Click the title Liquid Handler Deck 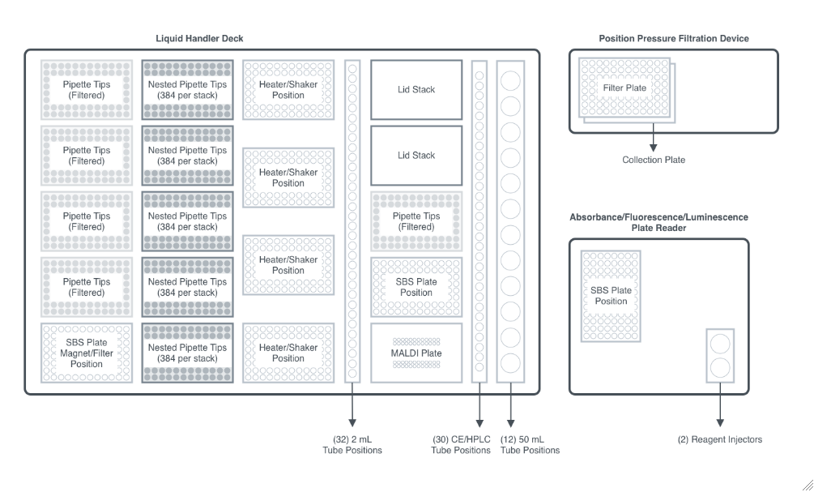coord(199,39)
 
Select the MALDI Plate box coord(416,353)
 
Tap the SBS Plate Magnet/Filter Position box coord(87,353)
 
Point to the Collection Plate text coord(653,160)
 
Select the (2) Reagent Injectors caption coord(719,439)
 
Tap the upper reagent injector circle coord(719,343)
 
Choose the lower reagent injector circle coord(719,369)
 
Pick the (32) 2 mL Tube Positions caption coord(352,444)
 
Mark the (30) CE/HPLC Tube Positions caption coord(461,444)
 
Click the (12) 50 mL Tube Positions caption coord(530,444)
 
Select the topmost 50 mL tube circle coord(511,80)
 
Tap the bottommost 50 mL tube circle coord(511,362)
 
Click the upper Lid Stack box coord(416,89)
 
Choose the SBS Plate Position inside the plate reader coord(611,295)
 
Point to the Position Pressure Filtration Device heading coord(673,39)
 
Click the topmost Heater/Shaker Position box coord(288,89)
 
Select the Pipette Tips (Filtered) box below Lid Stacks coord(416,220)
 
